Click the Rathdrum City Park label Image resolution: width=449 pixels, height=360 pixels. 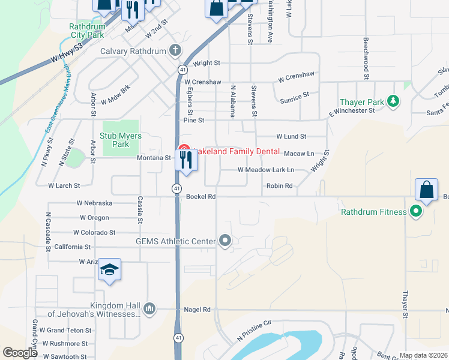tap(88, 31)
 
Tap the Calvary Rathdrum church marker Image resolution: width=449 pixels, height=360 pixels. tap(175, 50)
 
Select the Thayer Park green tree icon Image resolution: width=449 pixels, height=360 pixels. tap(394, 101)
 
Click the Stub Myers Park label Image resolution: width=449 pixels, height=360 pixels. tap(121, 140)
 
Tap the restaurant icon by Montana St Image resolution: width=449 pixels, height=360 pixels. tap(185, 160)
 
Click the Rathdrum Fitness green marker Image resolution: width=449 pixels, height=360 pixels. tap(415, 211)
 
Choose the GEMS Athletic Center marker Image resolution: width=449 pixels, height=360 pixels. tap(225, 241)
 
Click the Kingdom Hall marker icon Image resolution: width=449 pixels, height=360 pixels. tap(149, 308)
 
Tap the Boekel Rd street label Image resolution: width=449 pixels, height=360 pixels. tap(200, 196)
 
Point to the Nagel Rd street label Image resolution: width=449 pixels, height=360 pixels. tap(198, 310)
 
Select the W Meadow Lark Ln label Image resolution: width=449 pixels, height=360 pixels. tap(266, 170)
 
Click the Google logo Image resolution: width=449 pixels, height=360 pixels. tap(20, 353)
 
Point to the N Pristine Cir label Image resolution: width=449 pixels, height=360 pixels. tap(255, 331)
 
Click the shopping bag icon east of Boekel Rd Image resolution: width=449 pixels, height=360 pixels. tap(426, 190)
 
